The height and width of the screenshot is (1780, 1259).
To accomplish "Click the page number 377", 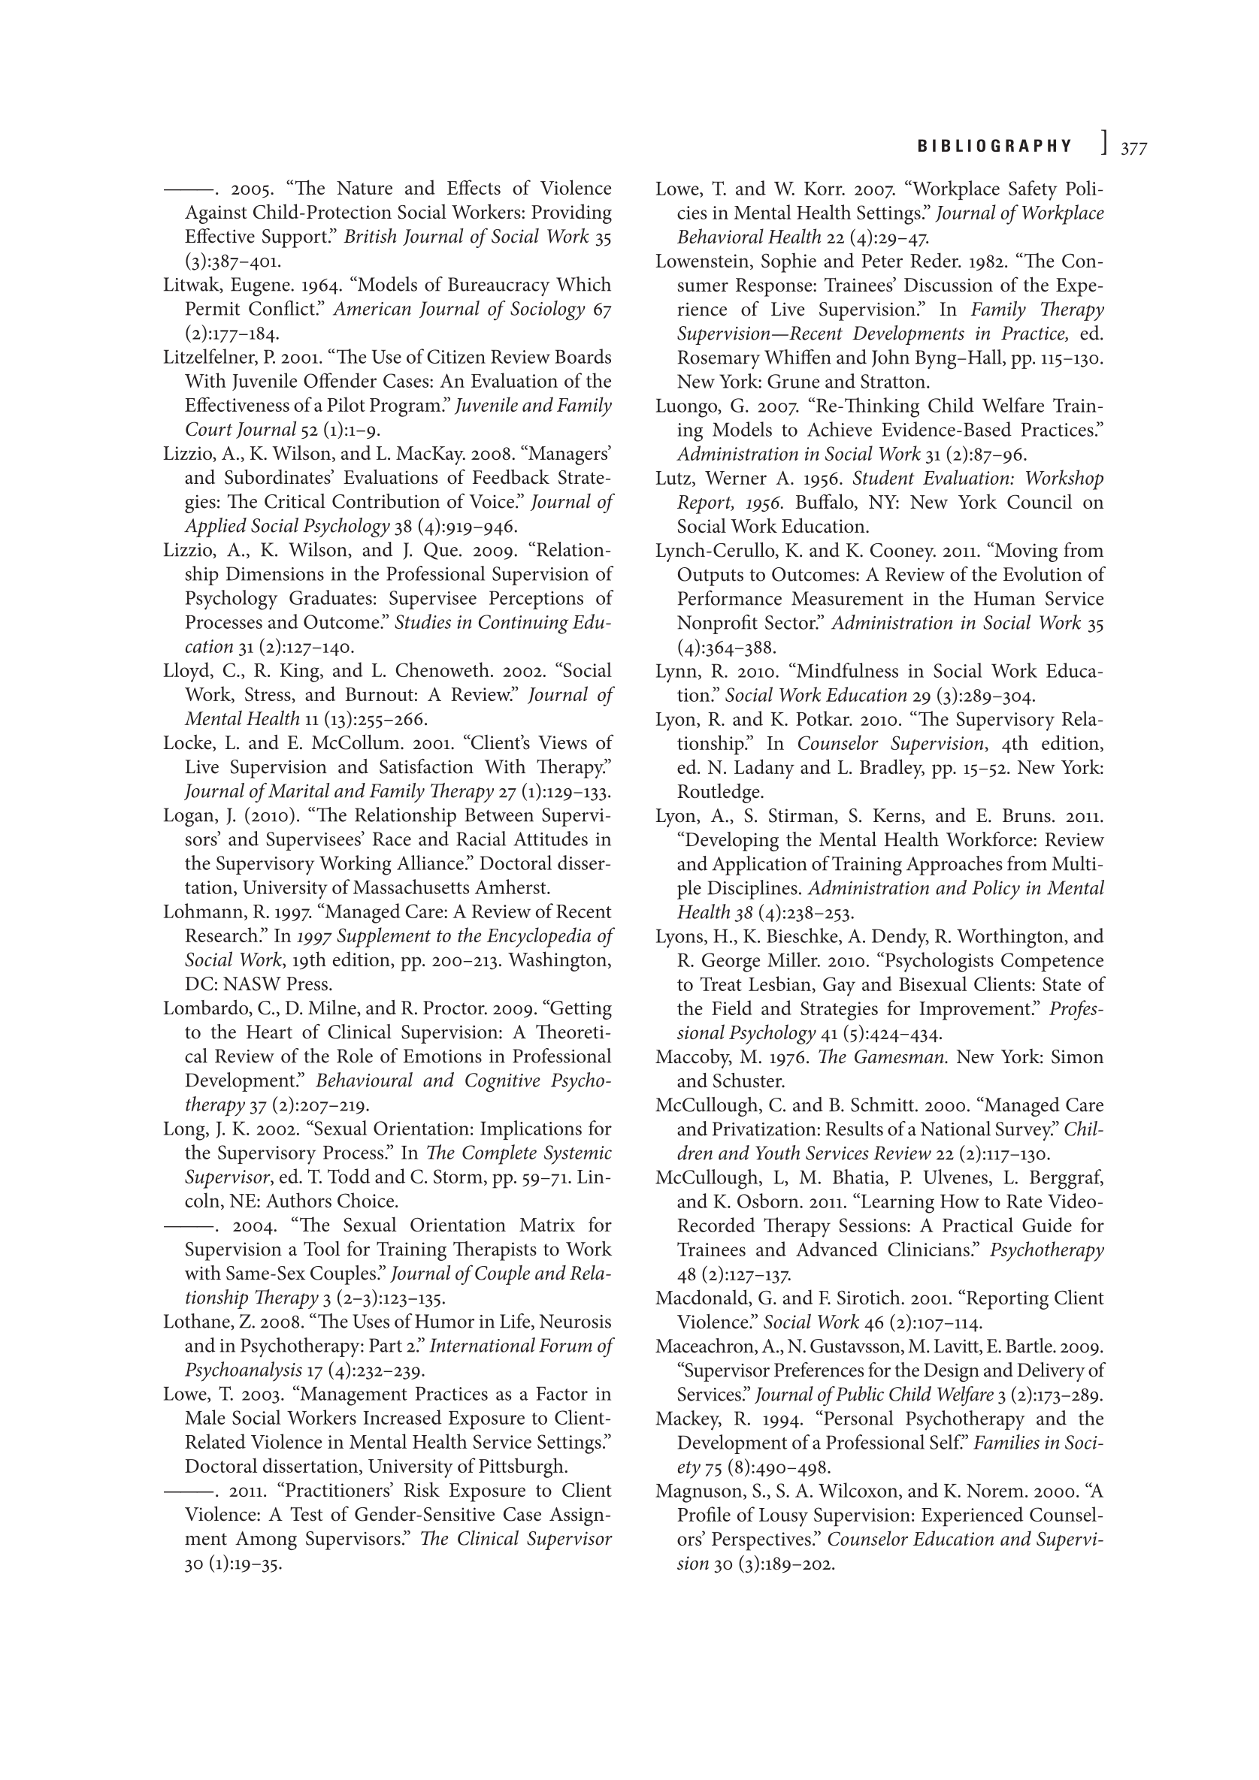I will tap(1133, 147).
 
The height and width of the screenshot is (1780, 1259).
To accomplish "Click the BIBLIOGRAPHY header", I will tap(994, 146).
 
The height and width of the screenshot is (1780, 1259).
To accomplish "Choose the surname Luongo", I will tap(685, 406).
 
